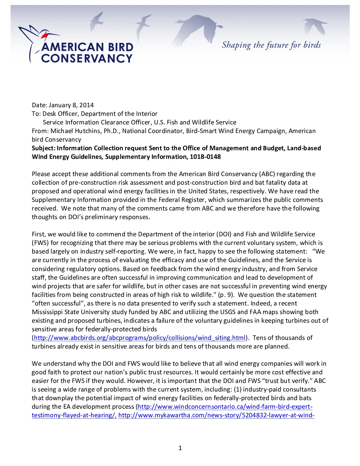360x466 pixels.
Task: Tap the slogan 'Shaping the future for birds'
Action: pyautogui.click(x=271, y=45)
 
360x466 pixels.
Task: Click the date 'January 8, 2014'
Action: pyautogui.click(x=71, y=105)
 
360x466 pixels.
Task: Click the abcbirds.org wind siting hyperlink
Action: pyautogui.click(x=140, y=338)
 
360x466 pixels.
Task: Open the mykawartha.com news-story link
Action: pyautogui.click(x=216, y=415)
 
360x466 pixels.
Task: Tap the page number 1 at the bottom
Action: pyautogui.click(x=180, y=448)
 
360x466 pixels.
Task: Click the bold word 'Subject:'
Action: pyautogui.click(x=43, y=148)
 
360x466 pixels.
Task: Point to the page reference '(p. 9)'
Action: pyautogui.click(x=226, y=295)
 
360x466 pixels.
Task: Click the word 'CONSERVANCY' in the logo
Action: pyautogui.click(x=87, y=59)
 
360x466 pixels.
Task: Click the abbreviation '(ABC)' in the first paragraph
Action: pyautogui.click(x=267, y=174)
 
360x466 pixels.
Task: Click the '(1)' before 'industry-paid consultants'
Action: pyautogui.click(x=237, y=390)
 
